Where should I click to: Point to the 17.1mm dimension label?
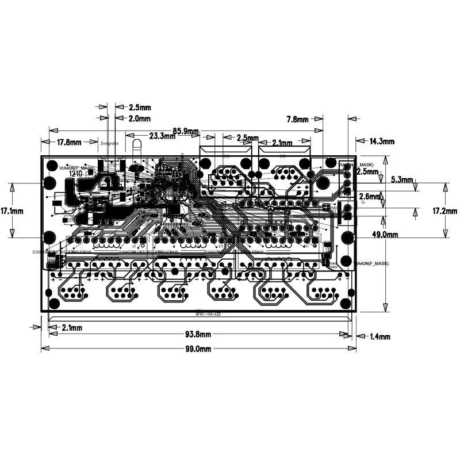coord(12,210)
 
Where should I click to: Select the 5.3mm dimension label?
coord(402,179)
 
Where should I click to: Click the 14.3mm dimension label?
coord(382,141)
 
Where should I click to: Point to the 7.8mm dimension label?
coord(298,120)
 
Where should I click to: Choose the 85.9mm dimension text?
coord(186,131)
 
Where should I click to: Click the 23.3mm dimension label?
coord(162,136)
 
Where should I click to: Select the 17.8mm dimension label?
coord(68,142)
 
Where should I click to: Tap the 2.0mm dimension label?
coord(139,118)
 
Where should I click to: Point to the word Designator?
coord(109,143)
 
